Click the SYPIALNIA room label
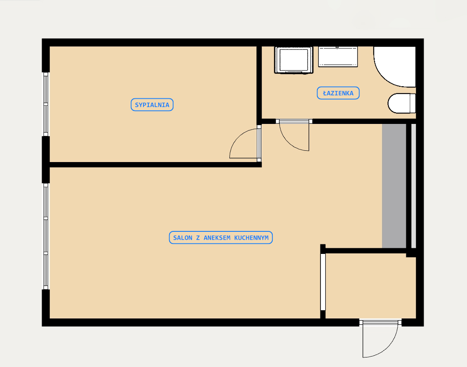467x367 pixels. click(x=152, y=105)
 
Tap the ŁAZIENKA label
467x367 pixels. click(x=338, y=93)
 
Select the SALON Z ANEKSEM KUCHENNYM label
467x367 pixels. click(x=221, y=237)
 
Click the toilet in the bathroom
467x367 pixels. click(x=402, y=103)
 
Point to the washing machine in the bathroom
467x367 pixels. click(x=294, y=60)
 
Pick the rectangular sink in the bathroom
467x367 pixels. click(x=338, y=57)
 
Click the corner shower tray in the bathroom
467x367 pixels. click(x=395, y=67)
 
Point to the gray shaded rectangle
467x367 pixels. click(x=394, y=186)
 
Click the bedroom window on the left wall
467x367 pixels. click(x=46, y=104)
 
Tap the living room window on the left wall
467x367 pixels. click(x=46, y=236)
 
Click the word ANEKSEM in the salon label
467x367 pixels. click(x=217, y=238)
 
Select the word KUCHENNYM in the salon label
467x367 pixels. click(x=251, y=238)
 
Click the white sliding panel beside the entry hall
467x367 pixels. click(x=323, y=282)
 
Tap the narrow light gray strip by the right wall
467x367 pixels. click(x=414, y=186)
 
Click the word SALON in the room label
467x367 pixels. click(x=183, y=238)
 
